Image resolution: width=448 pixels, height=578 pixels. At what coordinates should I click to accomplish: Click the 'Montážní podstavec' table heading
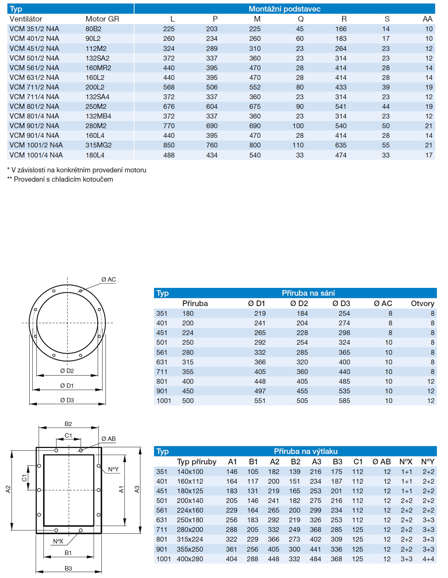[284, 9]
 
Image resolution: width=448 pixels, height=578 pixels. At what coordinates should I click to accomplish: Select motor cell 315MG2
[98, 145]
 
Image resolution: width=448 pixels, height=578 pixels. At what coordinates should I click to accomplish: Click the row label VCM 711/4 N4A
[34, 97]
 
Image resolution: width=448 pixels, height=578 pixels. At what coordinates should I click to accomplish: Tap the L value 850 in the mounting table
[169, 145]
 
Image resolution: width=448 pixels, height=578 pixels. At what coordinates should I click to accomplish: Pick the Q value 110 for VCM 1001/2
[298, 145]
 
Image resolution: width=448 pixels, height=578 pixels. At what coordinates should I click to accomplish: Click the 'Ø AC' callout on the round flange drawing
[108, 279]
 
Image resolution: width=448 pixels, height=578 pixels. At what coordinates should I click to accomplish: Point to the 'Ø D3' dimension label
[67, 400]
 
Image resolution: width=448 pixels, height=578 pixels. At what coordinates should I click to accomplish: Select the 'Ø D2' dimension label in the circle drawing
[67, 371]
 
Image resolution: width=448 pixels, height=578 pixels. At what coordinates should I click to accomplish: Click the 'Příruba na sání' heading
[308, 293]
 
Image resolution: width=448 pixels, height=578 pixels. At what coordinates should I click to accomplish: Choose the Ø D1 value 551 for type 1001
[260, 401]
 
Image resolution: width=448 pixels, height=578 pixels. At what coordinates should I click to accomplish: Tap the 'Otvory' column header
[422, 303]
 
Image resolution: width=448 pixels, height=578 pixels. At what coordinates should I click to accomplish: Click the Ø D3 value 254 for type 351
[344, 314]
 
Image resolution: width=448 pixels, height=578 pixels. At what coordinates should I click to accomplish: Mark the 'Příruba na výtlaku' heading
[305, 451]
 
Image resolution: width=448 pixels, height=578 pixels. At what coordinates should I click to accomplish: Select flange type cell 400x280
[190, 559]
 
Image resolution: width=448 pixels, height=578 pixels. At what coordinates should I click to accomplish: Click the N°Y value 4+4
[428, 559]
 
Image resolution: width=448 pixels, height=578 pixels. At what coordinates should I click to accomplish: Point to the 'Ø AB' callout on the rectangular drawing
[108, 439]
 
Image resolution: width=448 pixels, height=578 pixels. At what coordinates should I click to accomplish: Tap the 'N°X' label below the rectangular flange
[58, 541]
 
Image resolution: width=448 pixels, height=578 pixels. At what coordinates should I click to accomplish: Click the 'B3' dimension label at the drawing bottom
[68, 568]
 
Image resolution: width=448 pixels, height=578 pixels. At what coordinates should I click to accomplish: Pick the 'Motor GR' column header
[102, 19]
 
